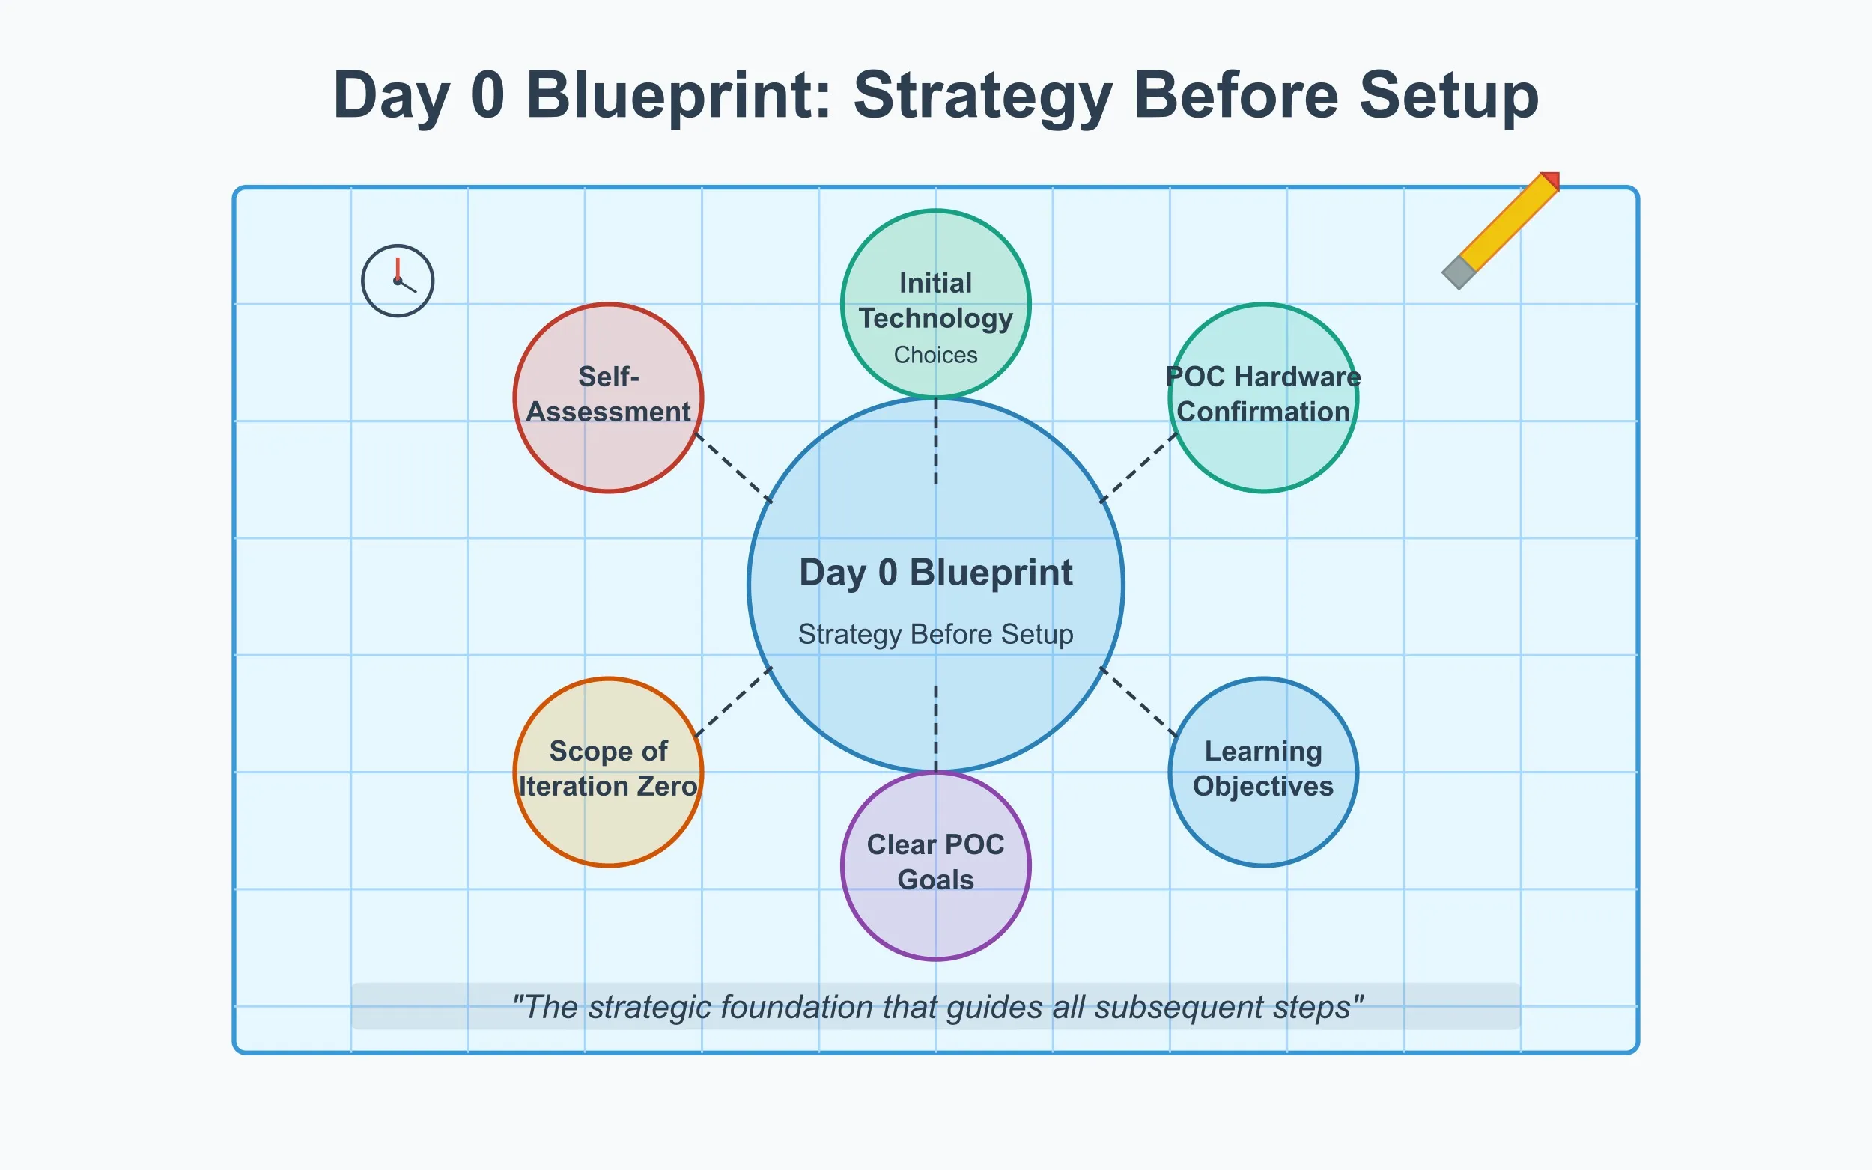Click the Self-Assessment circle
(x=608, y=397)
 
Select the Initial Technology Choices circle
(x=935, y=304)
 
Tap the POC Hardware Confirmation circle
(x=1263, y=397)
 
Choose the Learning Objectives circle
(x=1263, y=772)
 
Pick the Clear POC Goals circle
(x=935, y=865)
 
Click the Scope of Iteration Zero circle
(x=608, y=772)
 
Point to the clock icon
(x=398, y=280)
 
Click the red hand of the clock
(x=398, y=268)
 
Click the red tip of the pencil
(x=1551, y=180)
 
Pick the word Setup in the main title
(x=1449, y=96)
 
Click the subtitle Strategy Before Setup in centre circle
(x=935, y=634)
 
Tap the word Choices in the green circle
(x=935, y=354)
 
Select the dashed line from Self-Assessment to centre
(x=734, y=468)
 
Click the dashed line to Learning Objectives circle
(x=1138, y=702)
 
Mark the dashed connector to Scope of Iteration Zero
(x=734, y=702)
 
